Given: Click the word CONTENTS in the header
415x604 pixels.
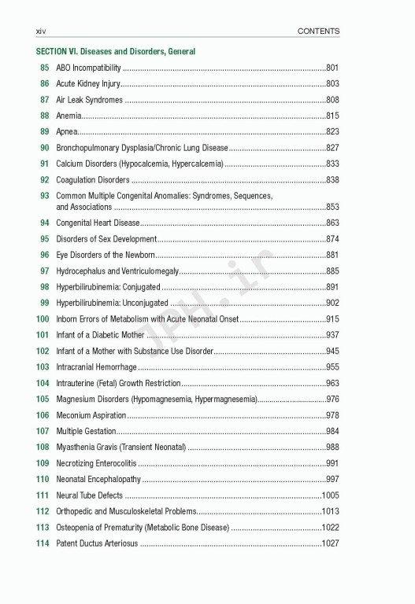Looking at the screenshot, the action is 318,31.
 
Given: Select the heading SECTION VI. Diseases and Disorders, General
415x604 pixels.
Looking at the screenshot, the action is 116,51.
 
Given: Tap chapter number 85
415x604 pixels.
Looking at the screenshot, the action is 45,68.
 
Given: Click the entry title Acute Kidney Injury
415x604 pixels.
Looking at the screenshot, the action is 88,83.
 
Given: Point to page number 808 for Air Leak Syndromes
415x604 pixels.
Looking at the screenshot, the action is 332,100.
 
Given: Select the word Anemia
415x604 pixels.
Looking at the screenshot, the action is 69,116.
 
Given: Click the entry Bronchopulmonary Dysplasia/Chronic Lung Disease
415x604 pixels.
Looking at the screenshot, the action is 143,148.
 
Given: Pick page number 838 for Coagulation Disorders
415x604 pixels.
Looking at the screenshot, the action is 332,180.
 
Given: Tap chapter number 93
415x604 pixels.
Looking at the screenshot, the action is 45,195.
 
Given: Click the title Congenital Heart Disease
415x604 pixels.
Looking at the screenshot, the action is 98,223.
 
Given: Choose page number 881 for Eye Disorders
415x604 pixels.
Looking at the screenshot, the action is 332,255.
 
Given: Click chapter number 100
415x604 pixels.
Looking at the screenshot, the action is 43,319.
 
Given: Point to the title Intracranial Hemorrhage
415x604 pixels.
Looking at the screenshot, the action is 97,367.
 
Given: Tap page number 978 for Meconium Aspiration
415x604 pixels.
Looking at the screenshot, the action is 332,415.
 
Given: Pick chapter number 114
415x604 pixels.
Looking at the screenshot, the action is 43,543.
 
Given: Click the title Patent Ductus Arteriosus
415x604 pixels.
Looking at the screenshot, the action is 97,543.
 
